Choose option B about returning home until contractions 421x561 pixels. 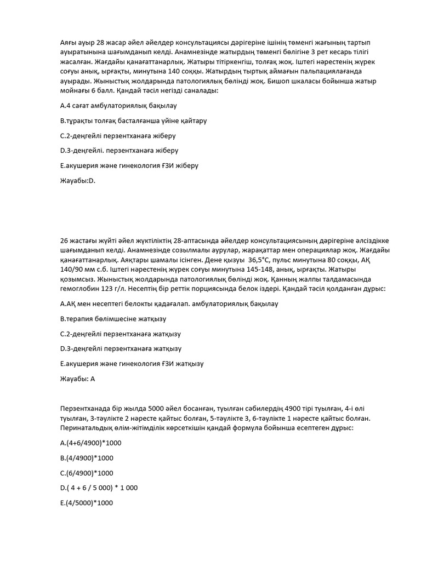133,119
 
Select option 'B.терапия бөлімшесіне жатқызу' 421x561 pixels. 113,318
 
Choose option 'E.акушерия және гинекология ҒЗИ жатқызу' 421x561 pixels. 135,363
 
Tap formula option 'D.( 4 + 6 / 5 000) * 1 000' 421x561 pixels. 99,487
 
